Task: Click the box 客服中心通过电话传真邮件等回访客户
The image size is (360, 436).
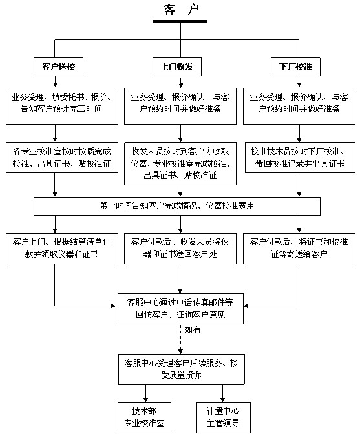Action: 180,307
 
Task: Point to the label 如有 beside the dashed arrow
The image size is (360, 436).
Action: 193,329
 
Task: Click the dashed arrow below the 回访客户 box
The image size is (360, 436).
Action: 180,338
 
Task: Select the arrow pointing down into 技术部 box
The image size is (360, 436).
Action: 145,393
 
